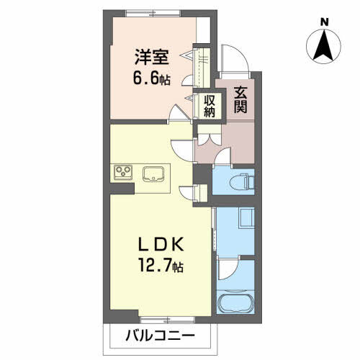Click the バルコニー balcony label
tap(162, 336)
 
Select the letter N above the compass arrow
tap(325, 22)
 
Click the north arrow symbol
tap(325, 46)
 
